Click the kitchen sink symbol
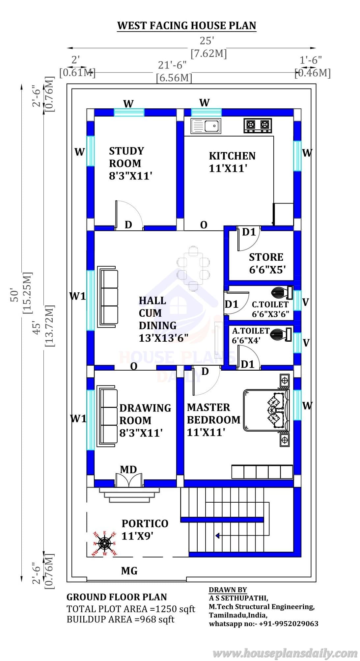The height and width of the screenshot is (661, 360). coord(206,126)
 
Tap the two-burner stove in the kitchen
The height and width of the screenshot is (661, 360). coord(258,125)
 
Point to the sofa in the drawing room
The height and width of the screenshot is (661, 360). coord(107,418)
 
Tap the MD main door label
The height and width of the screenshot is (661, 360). coord(128,469)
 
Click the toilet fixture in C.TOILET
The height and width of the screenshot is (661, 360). coord(282,292)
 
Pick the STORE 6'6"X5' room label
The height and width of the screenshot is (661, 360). coord(266,263)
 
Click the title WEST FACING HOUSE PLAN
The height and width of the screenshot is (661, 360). coord(187,26)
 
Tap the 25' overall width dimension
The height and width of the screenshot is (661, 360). coord(207,41)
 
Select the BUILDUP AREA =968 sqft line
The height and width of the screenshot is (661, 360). coord(121,619)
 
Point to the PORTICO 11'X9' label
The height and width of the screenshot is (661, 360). coord(145,530)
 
